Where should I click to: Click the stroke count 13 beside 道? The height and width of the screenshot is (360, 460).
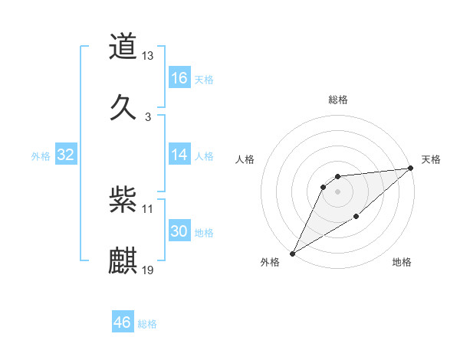tap(148, 56)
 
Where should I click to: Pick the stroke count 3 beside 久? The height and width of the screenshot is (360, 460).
tap(148, 116)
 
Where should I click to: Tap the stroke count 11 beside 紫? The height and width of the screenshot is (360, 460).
tap(148, 208)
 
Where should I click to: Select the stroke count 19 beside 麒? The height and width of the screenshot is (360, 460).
tap(148, 269)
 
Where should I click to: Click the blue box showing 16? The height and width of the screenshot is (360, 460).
tap(179, 78)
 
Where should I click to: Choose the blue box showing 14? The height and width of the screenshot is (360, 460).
tap(179, 155)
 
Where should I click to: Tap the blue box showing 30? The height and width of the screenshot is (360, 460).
tap(179, 231)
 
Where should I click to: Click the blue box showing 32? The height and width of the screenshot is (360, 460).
tap(66, 155)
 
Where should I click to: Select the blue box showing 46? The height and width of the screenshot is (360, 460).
tap(123, 322)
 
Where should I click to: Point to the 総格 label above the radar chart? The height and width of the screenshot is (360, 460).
tap(338, 100)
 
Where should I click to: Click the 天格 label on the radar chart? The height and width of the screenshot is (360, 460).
tap(431, 159)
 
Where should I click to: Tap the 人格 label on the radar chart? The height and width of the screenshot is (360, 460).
tap(245, 159)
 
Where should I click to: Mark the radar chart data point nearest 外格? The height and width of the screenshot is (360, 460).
tap(292, 253)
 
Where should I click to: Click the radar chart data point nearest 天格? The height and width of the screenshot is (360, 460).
tap(411, 168)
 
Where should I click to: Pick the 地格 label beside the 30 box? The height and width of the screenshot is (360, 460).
tap(204, 232)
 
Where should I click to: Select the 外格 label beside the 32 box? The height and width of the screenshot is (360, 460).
tap(41, 155)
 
